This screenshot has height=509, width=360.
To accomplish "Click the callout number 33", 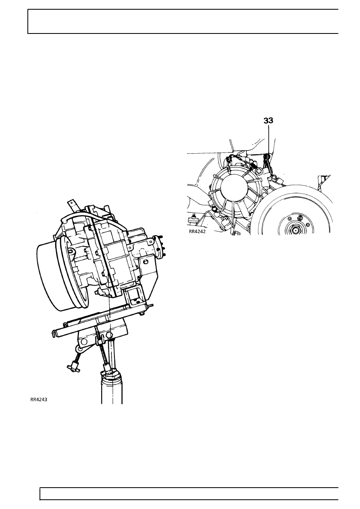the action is click(268, 121).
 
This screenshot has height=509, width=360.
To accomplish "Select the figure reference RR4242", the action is click(197, 232).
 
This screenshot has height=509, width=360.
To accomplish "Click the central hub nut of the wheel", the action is click(296, 230).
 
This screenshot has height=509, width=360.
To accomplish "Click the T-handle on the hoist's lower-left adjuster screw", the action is click(74, 369).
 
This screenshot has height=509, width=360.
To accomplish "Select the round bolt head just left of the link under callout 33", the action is click(258, 170).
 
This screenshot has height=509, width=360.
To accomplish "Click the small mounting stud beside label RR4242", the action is click(194, 218).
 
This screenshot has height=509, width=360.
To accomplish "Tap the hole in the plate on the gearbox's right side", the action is click(146, 262).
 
